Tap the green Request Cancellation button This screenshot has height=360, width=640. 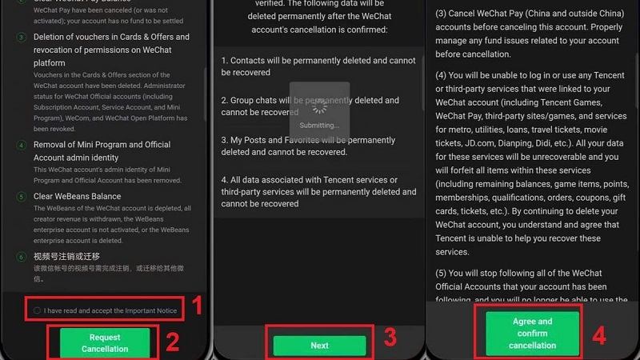[x=105, y=343]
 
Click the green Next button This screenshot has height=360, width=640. [x=319, y=346]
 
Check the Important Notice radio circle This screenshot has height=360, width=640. [x=38, y=310]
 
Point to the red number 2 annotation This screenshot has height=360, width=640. [x=171, y=343]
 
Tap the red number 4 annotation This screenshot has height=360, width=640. [x=598, y=334]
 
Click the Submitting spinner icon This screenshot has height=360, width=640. [x=320, y=106]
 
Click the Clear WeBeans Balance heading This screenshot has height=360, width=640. [x=77, y=196]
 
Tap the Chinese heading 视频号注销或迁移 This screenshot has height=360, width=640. [x=66, y=256]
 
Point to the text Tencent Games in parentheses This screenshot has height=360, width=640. [x=566, y=102]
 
